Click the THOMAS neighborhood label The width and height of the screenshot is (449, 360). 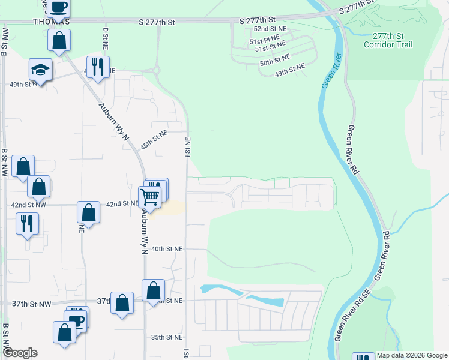coord(51,22)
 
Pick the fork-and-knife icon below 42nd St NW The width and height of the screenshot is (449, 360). coord(27,223)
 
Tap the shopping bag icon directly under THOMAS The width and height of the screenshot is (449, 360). coord(59,41)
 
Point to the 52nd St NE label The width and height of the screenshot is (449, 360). coord(270,29)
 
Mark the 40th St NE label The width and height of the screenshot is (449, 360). coord(166,248)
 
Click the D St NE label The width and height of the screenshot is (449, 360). coord(106,37)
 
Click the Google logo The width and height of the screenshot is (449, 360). coord(20,353)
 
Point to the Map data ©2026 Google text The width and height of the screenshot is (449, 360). coord(412,356)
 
